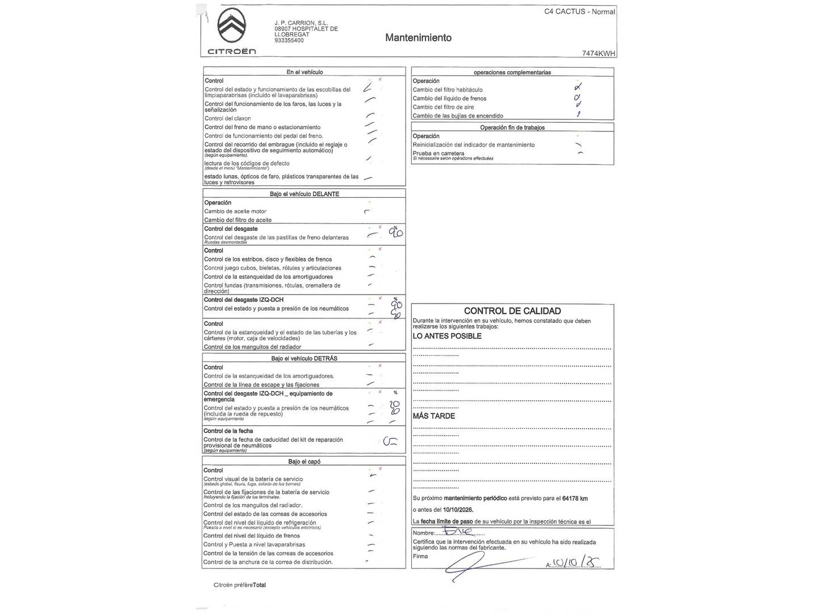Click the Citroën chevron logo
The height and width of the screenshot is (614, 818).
pyautogui.click(x=231, y=26)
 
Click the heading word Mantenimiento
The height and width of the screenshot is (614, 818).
pyautogui.click(x=418, y=38)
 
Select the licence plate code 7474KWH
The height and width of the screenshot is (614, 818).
pyautogui.click(x=599, y=53)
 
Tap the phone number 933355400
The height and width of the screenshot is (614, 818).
pyautogui.click(x=289, y=41)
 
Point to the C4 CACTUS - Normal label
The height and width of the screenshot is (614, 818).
pyautogui.click(x=579, y=11)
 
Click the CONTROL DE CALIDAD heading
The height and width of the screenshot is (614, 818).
pyautogui.click(x=512, y=311)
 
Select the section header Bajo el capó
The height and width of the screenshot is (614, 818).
pyautogui.click(x=304, y=462)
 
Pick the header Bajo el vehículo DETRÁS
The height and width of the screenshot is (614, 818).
pyautogui.click(x=304, y=359)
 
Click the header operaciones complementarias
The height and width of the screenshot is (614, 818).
pyautogui.click(x=512, y=72)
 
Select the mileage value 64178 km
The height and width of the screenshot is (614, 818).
pyautogui.click(x=574, y=499)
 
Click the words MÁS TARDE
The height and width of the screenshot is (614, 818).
pyautogui.click(x=433, y=416)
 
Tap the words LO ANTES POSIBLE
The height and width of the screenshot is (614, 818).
pyautogui.click(x=447, y=336)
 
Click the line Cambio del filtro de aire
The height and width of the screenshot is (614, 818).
pyautogui.click(x=443, y=107)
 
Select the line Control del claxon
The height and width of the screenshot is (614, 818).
pyautogui.click(x=227, y=119)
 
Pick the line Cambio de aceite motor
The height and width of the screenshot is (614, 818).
pyautogui.click(x=235, y=211)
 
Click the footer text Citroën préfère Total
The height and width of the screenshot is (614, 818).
pyautogui.click(x=239, y=585)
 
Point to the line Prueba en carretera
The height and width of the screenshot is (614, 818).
pyautogui.click(x=438, y=153)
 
